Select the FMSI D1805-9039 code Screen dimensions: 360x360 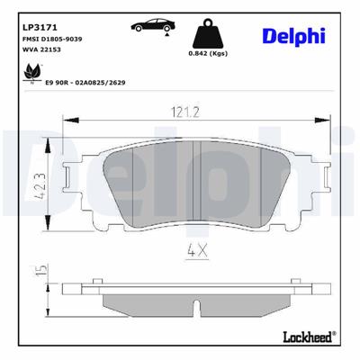pos(51,40)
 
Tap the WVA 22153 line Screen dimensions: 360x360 pos(40,52)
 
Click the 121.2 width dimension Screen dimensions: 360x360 pos(184,112)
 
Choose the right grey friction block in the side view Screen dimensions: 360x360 pos(247,304)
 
